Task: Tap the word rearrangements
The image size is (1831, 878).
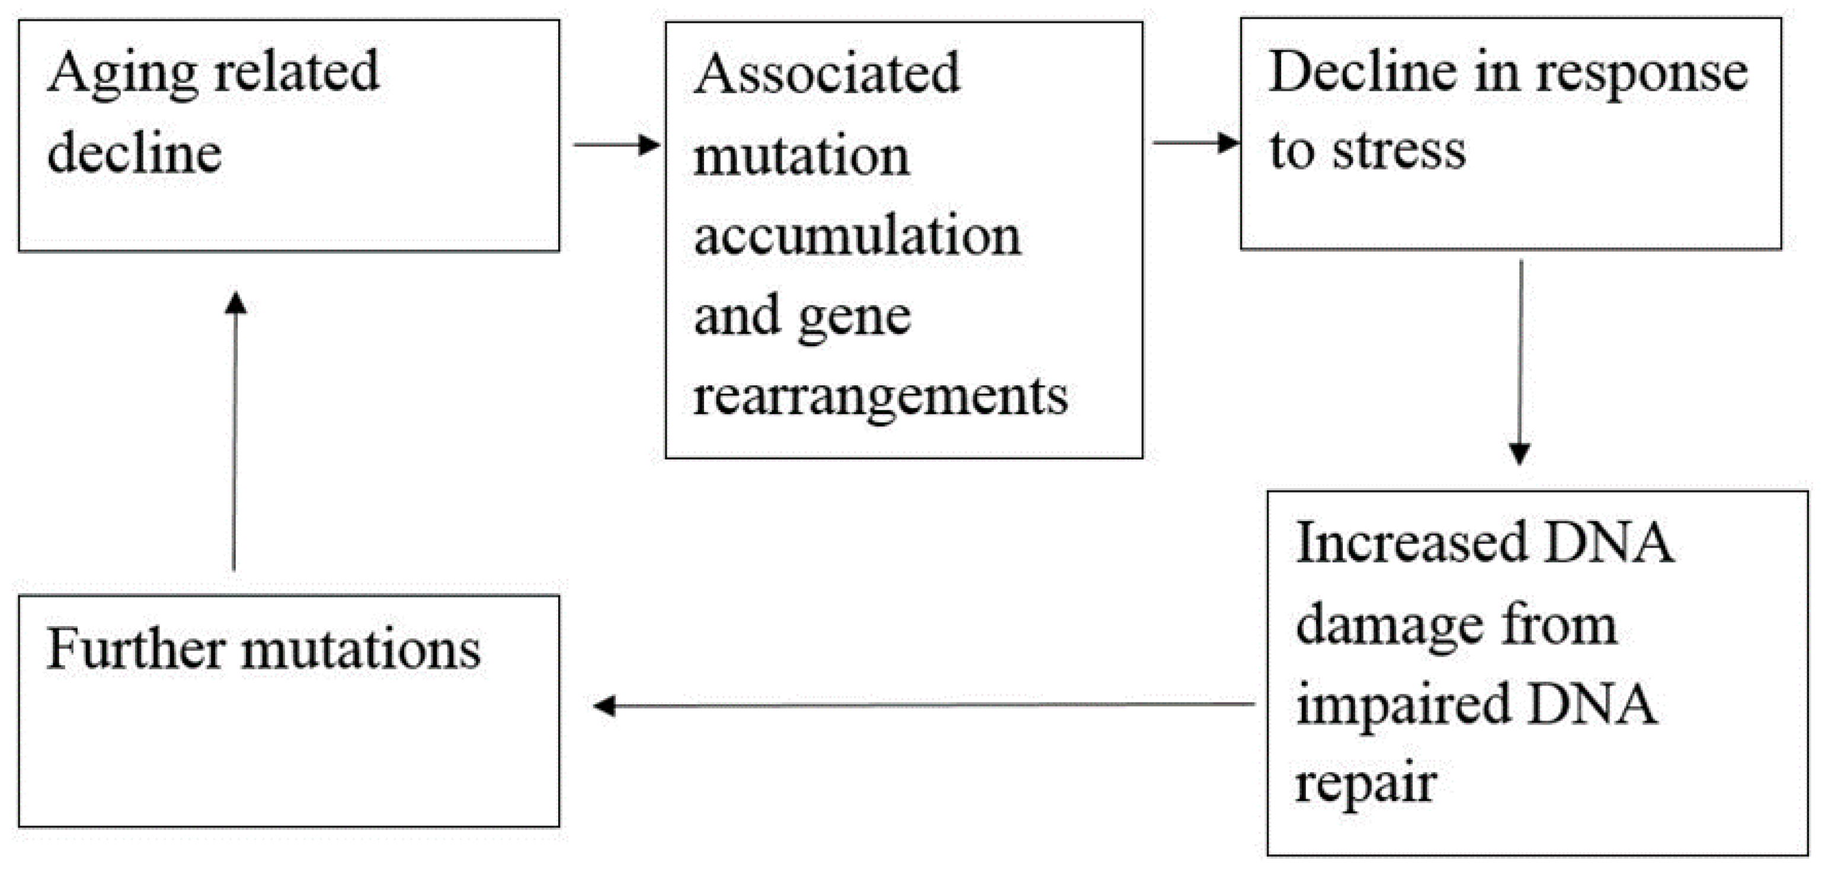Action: point(880,396)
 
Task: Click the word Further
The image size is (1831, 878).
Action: point(135,649)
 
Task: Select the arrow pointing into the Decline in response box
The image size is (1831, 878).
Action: point(1196,143)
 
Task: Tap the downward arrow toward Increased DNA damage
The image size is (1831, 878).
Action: point(1520,363)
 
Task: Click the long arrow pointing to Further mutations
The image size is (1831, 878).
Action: point(924,705)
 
